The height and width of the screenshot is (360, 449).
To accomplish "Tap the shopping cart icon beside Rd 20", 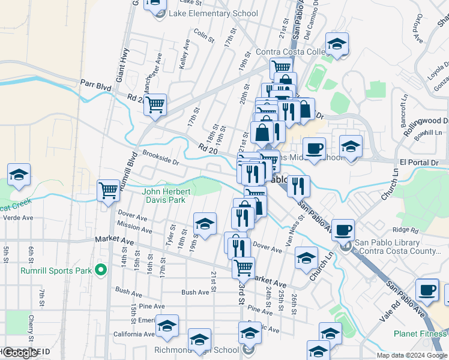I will coord(155,104).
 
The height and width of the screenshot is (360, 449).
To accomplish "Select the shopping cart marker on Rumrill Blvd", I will coord(108,191).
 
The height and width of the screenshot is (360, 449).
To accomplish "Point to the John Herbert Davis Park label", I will coord(166,196).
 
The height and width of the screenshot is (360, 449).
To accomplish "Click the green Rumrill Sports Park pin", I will coord(101,270).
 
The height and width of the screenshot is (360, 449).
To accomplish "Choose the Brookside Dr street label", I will coord(160,157).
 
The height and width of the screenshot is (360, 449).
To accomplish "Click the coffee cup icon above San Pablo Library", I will coord(343,230).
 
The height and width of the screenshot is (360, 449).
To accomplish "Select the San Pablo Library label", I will coord(398,247).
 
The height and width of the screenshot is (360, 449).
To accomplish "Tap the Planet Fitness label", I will coord(420,334).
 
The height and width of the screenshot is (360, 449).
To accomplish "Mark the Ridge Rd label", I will coord(405,230).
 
